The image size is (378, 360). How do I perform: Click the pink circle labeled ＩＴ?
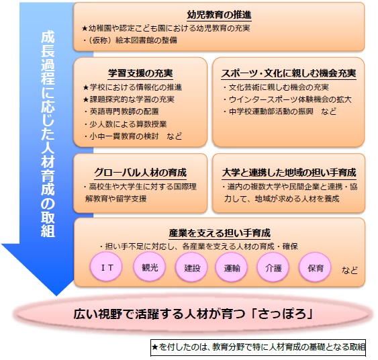point(106,267)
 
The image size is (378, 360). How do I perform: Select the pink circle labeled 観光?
point(150,267)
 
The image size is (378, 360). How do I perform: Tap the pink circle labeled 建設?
point(191,267)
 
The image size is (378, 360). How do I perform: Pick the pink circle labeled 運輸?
point(232,267)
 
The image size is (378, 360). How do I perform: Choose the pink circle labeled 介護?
point(273,267)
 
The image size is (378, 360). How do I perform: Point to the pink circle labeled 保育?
point(315,267)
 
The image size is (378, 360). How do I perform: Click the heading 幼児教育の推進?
point(219,15)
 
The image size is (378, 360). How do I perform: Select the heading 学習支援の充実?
point(140,73)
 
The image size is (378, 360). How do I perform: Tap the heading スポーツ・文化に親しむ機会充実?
point(289,73)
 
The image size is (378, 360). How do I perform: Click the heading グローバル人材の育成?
point(140,173)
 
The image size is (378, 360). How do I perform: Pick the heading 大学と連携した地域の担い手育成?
point(289,173)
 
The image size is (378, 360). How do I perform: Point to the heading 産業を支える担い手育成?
point(220,233)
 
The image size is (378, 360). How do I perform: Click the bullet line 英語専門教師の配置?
point(122,111)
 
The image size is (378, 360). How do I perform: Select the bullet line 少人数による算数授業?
point(126,124)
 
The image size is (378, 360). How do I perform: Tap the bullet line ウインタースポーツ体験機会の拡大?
point(287,99)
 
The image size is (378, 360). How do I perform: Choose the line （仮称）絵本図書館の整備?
point(130,40)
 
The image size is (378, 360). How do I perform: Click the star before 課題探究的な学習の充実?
point(86,99)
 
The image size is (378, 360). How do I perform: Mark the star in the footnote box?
point(155,347)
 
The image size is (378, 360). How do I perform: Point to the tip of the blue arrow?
point(56,296)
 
